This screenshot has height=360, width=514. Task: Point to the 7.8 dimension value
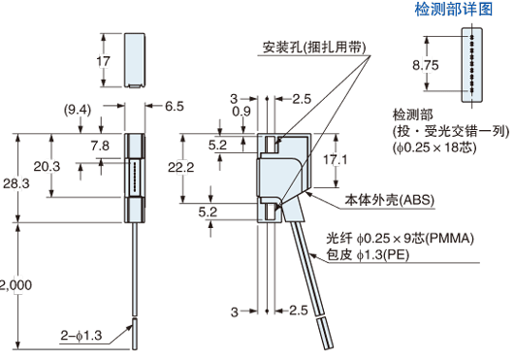coord(100,145)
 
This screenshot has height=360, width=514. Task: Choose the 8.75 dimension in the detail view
coord(425,65)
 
